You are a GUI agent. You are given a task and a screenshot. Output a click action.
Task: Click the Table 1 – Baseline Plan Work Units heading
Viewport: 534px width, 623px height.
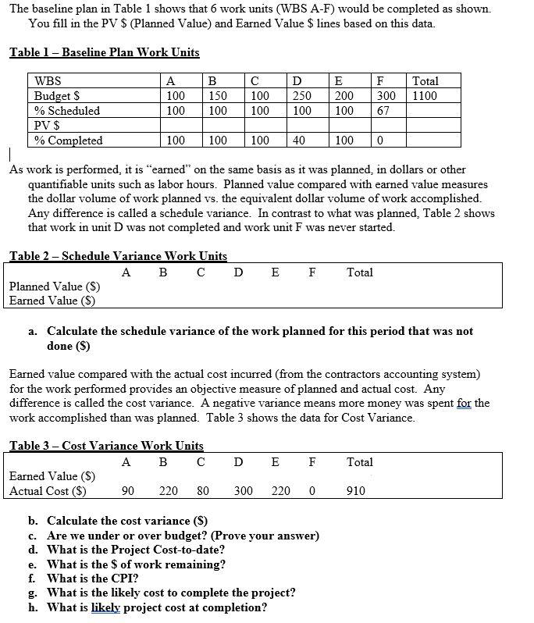point(104,52)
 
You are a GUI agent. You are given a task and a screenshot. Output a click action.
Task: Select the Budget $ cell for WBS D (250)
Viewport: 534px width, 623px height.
point(301,96)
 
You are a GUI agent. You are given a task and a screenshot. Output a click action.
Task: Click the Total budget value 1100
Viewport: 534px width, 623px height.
point(425,96)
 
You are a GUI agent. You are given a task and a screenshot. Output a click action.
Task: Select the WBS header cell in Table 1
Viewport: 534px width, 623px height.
point(48,81)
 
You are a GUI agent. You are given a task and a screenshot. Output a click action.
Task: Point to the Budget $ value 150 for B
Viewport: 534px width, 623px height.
point(218,96)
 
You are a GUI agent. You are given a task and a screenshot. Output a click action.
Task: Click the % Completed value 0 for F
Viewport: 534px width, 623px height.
point(379,141)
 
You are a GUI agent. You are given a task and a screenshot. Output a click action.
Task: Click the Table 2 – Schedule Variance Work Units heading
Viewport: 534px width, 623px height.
point(118,256)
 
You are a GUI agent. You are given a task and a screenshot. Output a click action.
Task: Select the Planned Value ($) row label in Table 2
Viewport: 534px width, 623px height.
point(52,287)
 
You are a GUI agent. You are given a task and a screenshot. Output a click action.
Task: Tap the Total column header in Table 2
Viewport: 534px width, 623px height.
point(359,272)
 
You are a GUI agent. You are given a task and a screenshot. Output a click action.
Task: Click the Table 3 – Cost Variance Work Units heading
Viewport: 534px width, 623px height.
point(106,446)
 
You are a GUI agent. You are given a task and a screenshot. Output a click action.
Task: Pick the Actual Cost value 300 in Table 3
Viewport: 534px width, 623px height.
point(244,491)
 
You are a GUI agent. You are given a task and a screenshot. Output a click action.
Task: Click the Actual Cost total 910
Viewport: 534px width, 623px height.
point(355,491)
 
